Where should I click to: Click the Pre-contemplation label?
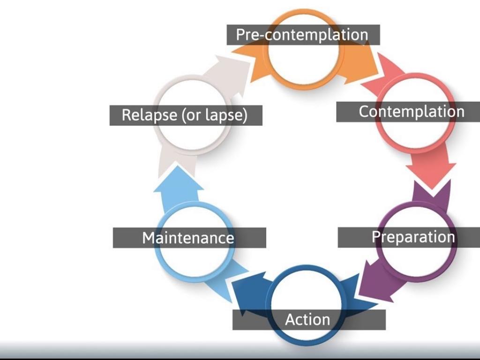coord(302,35)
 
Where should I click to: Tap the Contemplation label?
coord(411,112)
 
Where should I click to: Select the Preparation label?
coord(413,237)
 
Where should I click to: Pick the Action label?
coord(307,320)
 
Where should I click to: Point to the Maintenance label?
coord(188,238)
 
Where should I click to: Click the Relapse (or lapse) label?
coord(185,115)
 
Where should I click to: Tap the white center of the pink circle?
coord(412,134)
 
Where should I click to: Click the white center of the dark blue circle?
coord(307,295)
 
